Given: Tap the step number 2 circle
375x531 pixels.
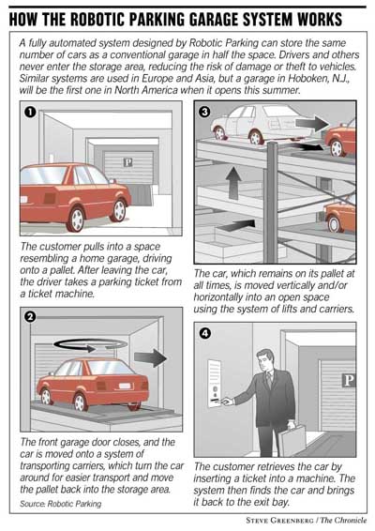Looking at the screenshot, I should point(29,317).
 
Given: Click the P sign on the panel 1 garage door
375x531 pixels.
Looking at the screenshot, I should point(117,160).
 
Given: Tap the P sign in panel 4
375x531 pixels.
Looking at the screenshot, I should point(348,380).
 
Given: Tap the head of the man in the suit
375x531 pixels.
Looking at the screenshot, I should point(270,357).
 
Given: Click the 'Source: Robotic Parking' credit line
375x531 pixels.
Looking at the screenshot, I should point(61,505).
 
